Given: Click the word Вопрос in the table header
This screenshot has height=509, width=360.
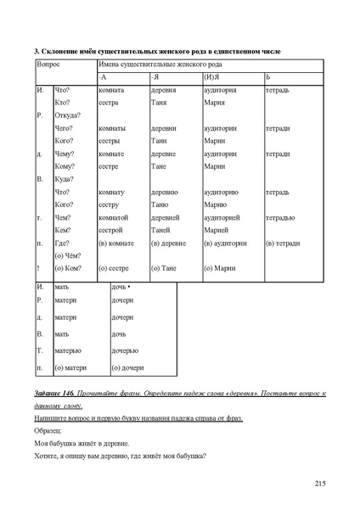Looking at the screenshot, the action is tap(49, 64).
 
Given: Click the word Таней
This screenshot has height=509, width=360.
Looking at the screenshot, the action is tap(161, 230).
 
